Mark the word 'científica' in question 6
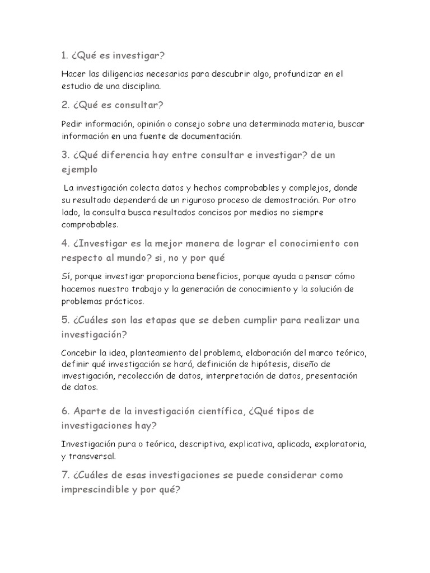point(217,411)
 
